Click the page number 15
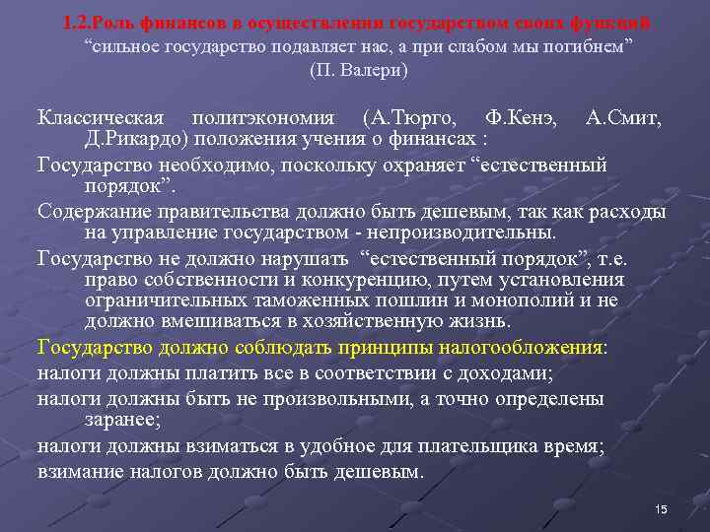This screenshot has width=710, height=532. click(x=661, y=507)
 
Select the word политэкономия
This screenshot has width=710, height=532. click(x=265, y=119)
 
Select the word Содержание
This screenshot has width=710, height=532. click(x=92, y=212)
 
